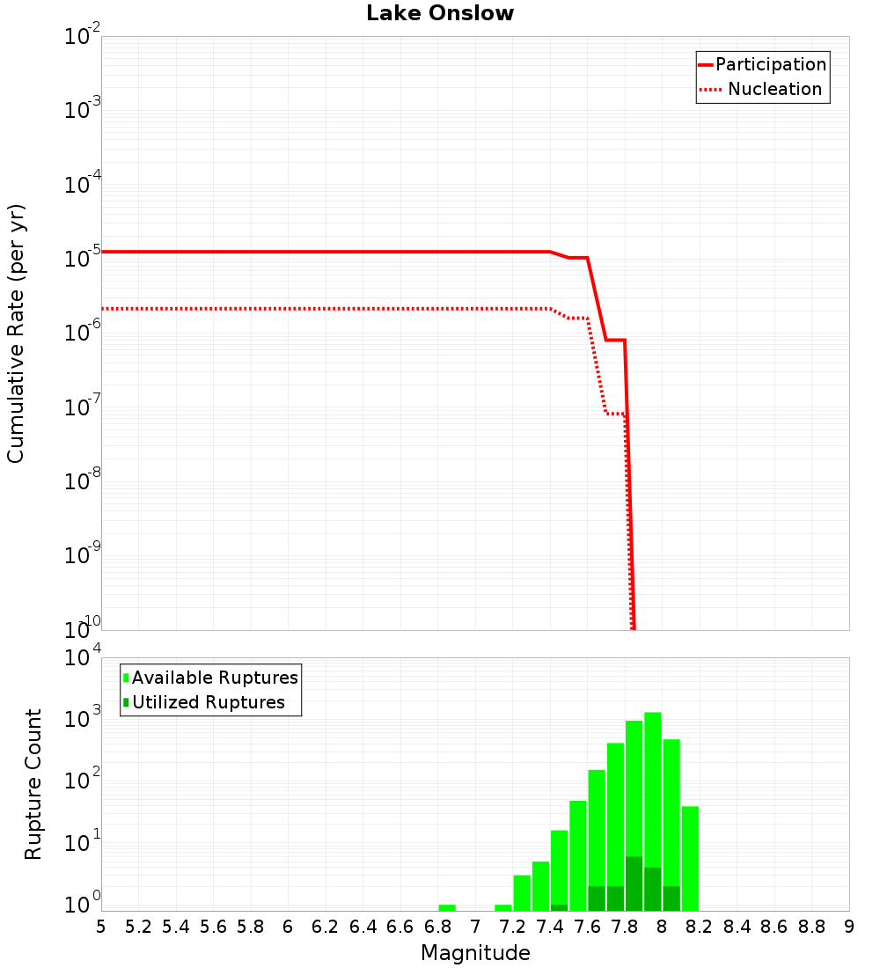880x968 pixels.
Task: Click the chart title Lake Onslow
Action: click(440, 14)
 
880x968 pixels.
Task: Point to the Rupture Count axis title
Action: click(33, 784)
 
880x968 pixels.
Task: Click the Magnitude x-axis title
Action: click(475, 952)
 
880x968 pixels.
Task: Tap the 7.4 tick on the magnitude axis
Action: click(550, 927)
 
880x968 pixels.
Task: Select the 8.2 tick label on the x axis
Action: click(700, 927)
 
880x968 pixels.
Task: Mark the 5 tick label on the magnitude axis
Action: click(101, 927)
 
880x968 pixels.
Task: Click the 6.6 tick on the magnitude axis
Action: click(400, 927)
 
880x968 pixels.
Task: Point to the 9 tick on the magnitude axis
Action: click(849, 927)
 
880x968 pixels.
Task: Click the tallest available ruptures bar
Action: click(653, 810)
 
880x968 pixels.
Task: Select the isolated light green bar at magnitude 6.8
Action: click(447, 907)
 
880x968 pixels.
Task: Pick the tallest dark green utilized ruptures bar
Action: click(634, 883)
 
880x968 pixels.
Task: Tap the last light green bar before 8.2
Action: click(690, 858)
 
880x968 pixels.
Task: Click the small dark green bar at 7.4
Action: click(559, 907)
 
